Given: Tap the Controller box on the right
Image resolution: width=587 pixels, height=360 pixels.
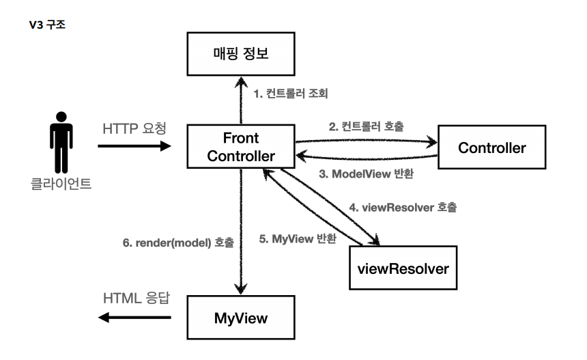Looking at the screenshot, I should pos(491,147).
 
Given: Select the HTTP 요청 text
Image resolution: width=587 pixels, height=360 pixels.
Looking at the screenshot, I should pos(135,128).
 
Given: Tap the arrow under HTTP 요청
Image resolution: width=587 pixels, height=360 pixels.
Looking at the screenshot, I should pos(135,146).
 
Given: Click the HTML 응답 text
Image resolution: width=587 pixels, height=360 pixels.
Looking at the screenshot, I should pos(134,299).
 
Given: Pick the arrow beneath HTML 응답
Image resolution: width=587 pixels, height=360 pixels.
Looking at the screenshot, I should pos(134,318).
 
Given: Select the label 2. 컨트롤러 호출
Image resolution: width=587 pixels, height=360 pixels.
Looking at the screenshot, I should pos(367,126).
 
